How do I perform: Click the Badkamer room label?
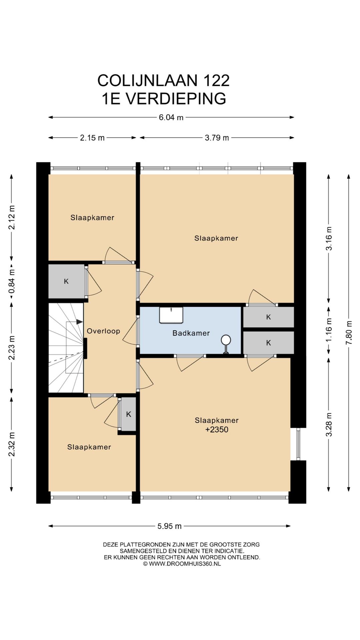coord(191,333)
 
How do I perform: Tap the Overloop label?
coord(103,331)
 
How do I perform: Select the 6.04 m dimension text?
coord(171,117)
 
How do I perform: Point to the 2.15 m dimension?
coord(92,138)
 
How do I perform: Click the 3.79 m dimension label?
coord(217,138)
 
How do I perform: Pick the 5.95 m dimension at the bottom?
coord(170,526)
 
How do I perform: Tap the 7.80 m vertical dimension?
coord(349,333)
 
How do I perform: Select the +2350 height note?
coord(217,429)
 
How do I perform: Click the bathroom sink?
coord(171,315)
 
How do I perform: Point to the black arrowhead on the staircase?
coord(80,322)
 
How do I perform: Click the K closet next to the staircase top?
coord(66,281)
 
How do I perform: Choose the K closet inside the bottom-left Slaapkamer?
coord(129,414)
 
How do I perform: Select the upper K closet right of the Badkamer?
coord(269,317)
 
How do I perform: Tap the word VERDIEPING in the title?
coord(176,99)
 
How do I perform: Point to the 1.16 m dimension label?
coord(329,329)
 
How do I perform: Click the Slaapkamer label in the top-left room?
coord(92,218)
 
